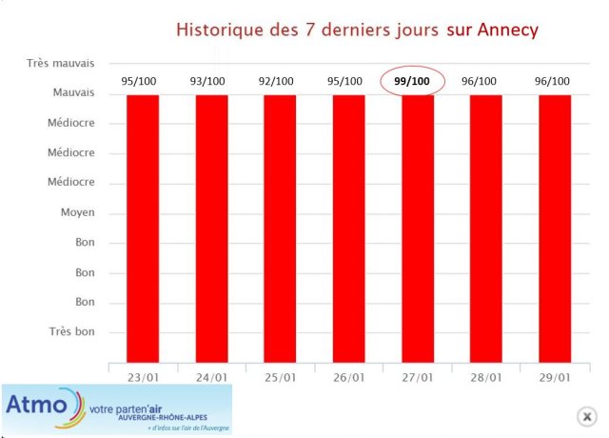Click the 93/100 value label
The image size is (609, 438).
point(209,82)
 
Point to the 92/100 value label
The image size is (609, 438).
point(279,82)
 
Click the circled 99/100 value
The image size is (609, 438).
point(412,82)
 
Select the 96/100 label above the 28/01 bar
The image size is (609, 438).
point(481,82)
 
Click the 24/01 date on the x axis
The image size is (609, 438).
point(211,377)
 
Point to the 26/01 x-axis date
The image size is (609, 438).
point(348,377)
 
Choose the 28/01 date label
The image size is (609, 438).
point(485,377)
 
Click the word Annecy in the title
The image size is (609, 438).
point(506,30)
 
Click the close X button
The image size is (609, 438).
point(588,416)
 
